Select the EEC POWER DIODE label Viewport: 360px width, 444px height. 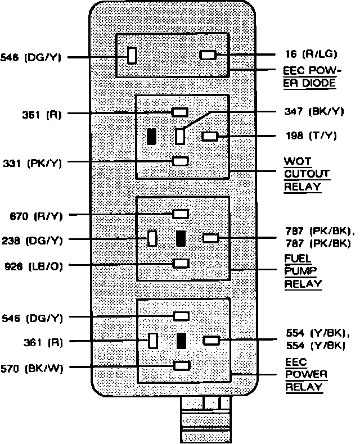(309, 78)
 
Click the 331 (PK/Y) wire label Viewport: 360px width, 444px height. (31, 163)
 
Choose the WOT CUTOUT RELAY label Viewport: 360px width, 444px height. (307, 174)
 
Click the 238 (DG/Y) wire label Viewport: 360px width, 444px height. (31, 240)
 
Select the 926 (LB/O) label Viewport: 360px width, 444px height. (31, 264)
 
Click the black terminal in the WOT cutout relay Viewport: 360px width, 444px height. (151, 137)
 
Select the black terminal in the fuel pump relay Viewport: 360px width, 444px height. (181, 238)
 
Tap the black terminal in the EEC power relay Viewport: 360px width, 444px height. (181, 341)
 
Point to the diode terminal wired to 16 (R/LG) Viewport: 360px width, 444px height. (208, 55)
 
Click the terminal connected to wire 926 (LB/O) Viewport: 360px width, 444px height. (181, 263)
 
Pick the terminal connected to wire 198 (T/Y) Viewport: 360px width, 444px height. (210, 136)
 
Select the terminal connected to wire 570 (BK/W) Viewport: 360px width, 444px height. (181, 366)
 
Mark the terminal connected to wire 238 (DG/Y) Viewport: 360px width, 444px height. (152, 238)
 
